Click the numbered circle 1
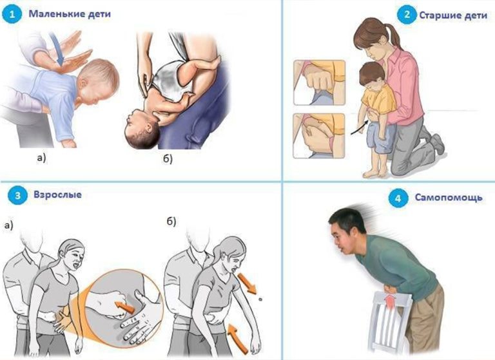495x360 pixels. [x=12, y=15]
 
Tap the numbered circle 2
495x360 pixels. [x=407, y=15]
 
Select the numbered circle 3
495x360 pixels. [x=17, y=195]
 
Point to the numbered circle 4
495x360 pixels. [x=398, y=198]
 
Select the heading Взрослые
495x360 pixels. [x=57, y=194]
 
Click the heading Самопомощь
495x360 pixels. [x=449, y=198]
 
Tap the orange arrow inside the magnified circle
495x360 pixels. [x=125, y=307]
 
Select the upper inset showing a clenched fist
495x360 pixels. [x=319, y=82]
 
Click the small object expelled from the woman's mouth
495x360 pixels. [x=260, y=299]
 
